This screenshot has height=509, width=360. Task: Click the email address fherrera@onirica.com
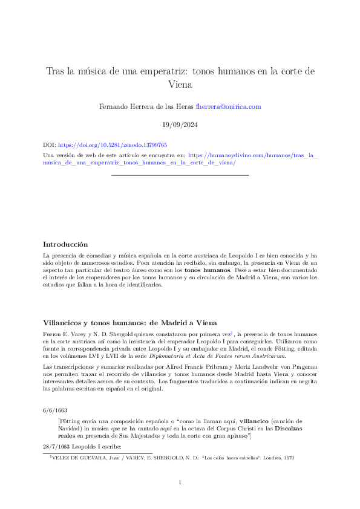(x=228, y=106)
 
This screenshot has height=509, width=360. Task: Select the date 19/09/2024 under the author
(x=180, y=125)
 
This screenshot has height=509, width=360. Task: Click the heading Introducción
(x=65, y=244)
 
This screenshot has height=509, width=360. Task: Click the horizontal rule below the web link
(x=180, y=175)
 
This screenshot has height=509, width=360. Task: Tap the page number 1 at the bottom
(x=180, y=482)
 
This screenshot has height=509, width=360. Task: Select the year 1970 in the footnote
(x=288, y=458)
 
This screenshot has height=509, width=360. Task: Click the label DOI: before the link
(x=49, y=146)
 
